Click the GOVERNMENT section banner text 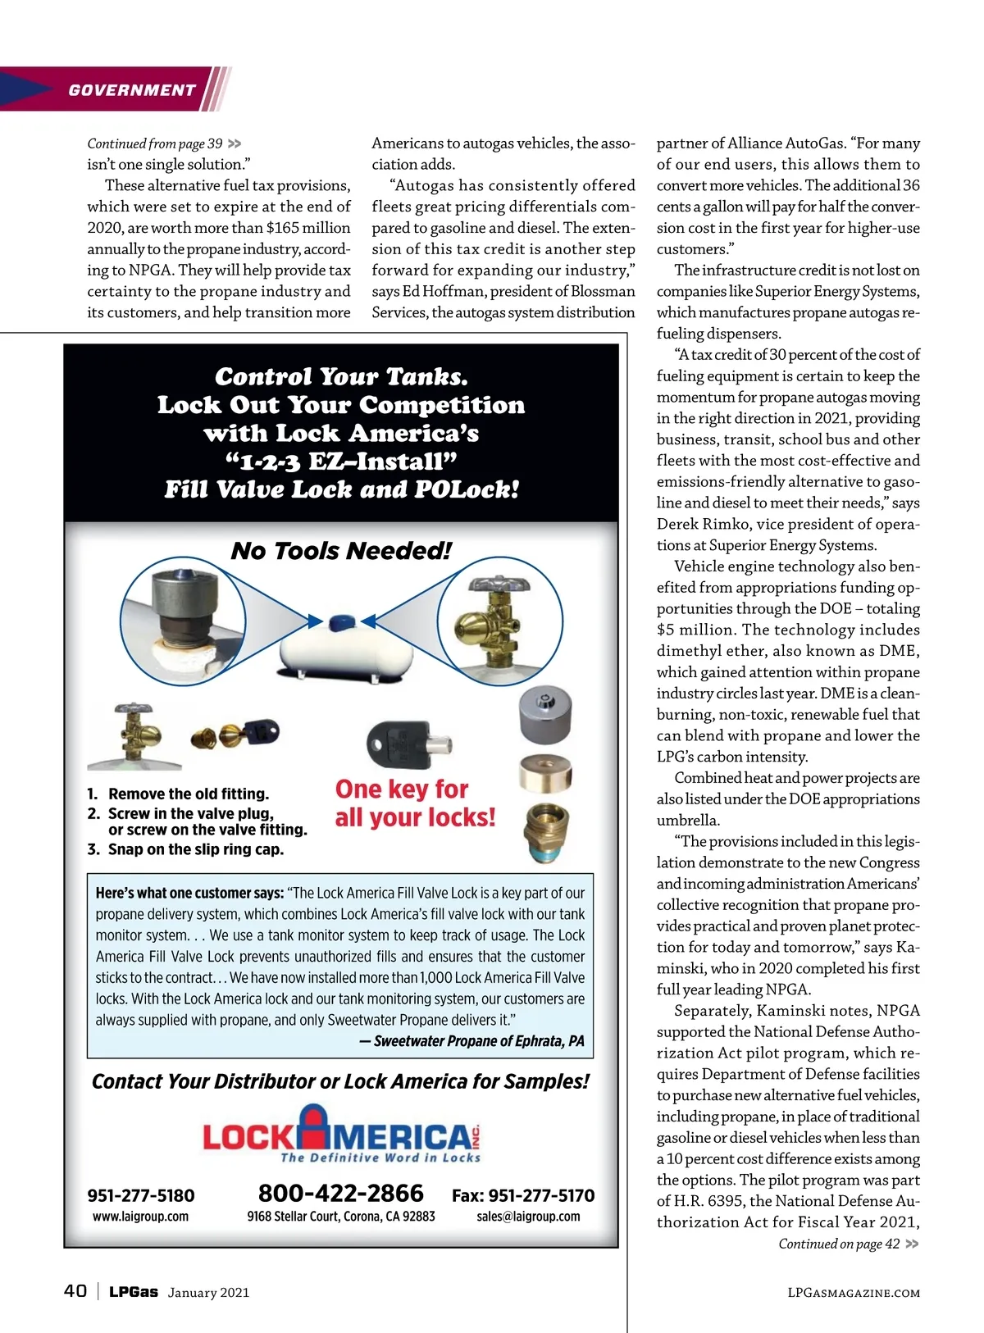tap(132, 90)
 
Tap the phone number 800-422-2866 tap(341, 1193)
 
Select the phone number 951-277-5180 tap(141, 1195)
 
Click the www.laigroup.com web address tap(141, 1217)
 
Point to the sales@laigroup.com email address tap(528, 1217)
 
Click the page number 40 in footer tap(75, 1291)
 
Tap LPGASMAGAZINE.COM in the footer tap(853, 1293)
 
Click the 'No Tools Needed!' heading tap(341, 550)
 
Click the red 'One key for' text tap(402, 789)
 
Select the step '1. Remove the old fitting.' tap(179, 794)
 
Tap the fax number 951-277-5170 tap(523, 1195)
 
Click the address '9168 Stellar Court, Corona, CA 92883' tap(341, 1217)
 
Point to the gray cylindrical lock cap tap(545, 713)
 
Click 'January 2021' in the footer tap(208, 1293)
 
